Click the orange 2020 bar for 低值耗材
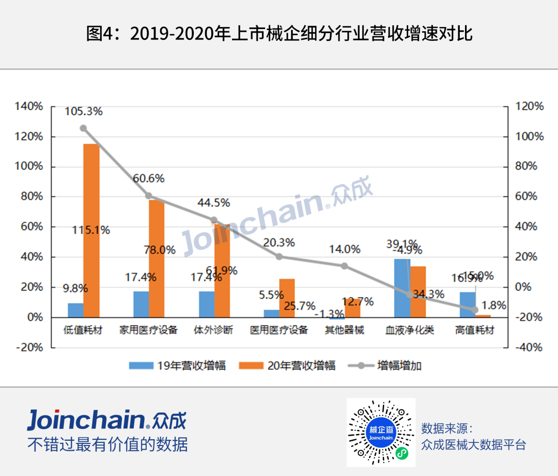pyautogui.click(x=91, y=230)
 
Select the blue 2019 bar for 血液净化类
pyautogui.click(x=402, y=288)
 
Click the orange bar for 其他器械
pyautogui.click(x=353, y=308)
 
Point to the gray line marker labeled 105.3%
pyautogui.click(x=83, y=128)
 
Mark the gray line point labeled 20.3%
pyautogui.click(x=280, y=257)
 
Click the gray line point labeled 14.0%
pyautogui.click(x=345, y=266)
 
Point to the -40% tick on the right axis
pyautogui.click(x=529, y=347)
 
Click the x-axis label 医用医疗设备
pyautogui.click(x=279, y=330)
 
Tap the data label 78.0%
pyautogui.click(x=160, y=250)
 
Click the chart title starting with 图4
pyautogui.click(x=279, y=34)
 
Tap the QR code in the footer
pyautogui.click(x=381, y=433)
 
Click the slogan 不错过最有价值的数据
pyautogui.click(x=107, y=444)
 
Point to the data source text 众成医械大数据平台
pyautogui.click(x=473, y=444)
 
